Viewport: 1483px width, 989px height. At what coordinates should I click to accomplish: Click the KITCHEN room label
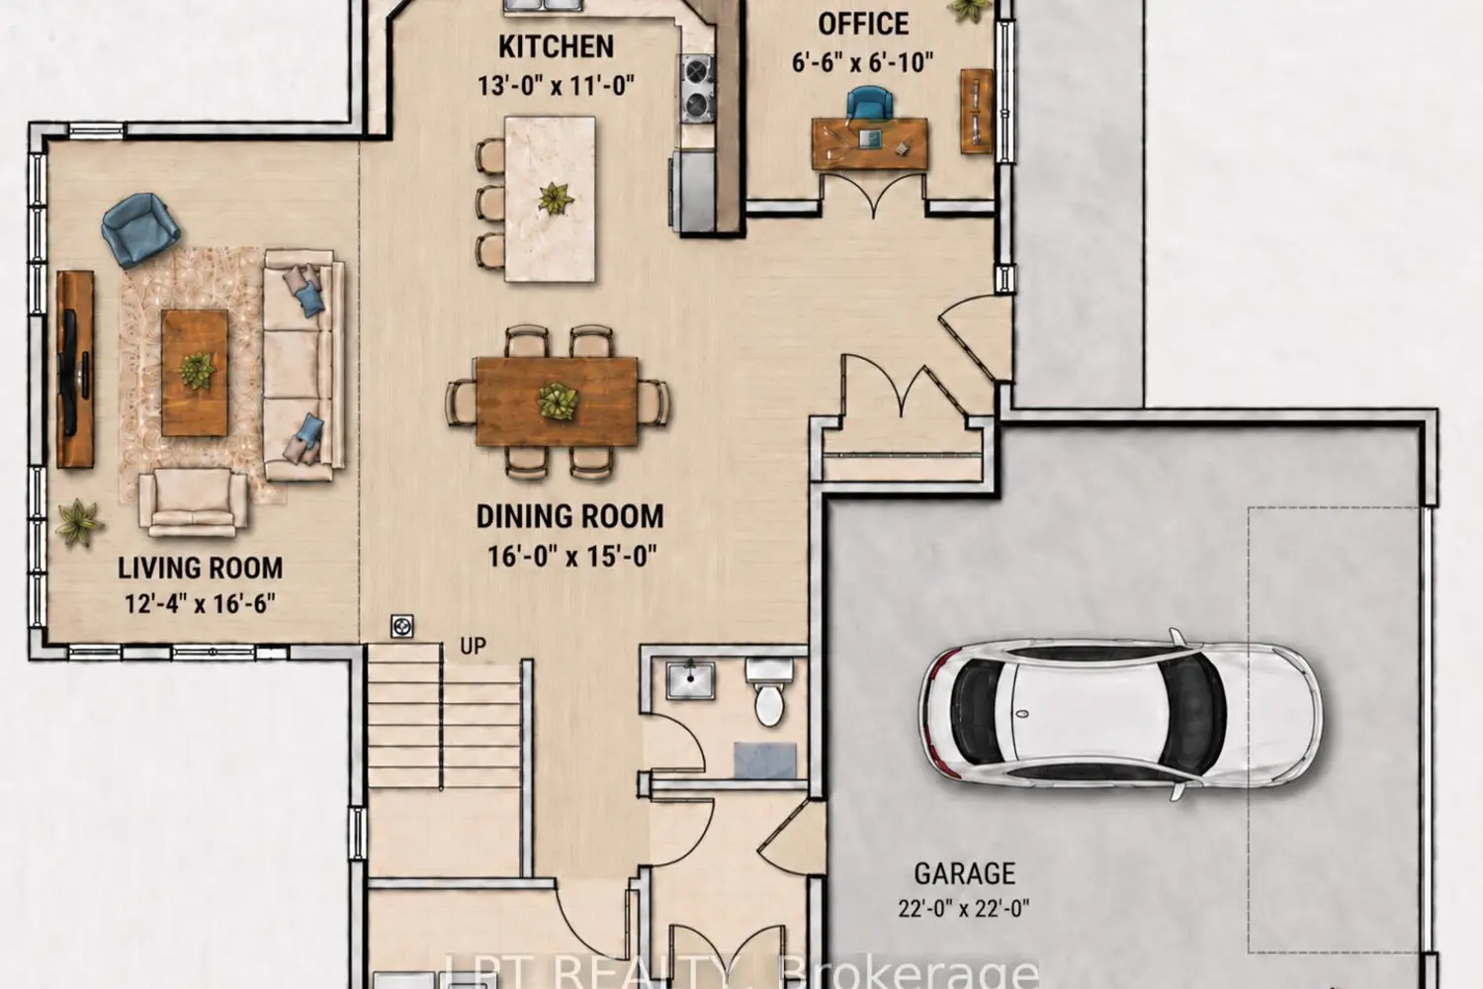556,47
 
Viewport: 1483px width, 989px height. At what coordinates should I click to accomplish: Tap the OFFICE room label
863,25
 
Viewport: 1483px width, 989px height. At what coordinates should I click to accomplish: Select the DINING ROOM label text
570,516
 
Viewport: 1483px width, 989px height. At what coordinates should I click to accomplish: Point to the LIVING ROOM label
200,569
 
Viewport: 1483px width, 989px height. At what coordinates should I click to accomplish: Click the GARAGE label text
965,873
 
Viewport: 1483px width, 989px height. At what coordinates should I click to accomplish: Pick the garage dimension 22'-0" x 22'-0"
964,908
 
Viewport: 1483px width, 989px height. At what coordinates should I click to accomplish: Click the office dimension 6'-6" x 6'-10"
863,63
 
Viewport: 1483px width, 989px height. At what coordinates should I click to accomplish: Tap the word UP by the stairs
473,646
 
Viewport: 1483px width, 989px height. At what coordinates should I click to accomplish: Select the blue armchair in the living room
140,229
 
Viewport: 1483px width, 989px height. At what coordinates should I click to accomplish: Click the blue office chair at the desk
869,104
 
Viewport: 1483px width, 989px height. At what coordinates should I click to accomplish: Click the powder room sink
690,679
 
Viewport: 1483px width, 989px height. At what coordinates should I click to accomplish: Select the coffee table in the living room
195,373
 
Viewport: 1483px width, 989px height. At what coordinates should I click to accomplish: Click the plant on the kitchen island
555,198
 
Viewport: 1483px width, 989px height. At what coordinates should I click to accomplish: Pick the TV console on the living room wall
75,369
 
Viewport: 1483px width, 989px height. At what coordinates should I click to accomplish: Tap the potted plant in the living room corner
79,522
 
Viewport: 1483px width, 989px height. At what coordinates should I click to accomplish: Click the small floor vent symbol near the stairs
401,626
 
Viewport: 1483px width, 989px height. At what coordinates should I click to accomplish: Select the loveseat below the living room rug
193,502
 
